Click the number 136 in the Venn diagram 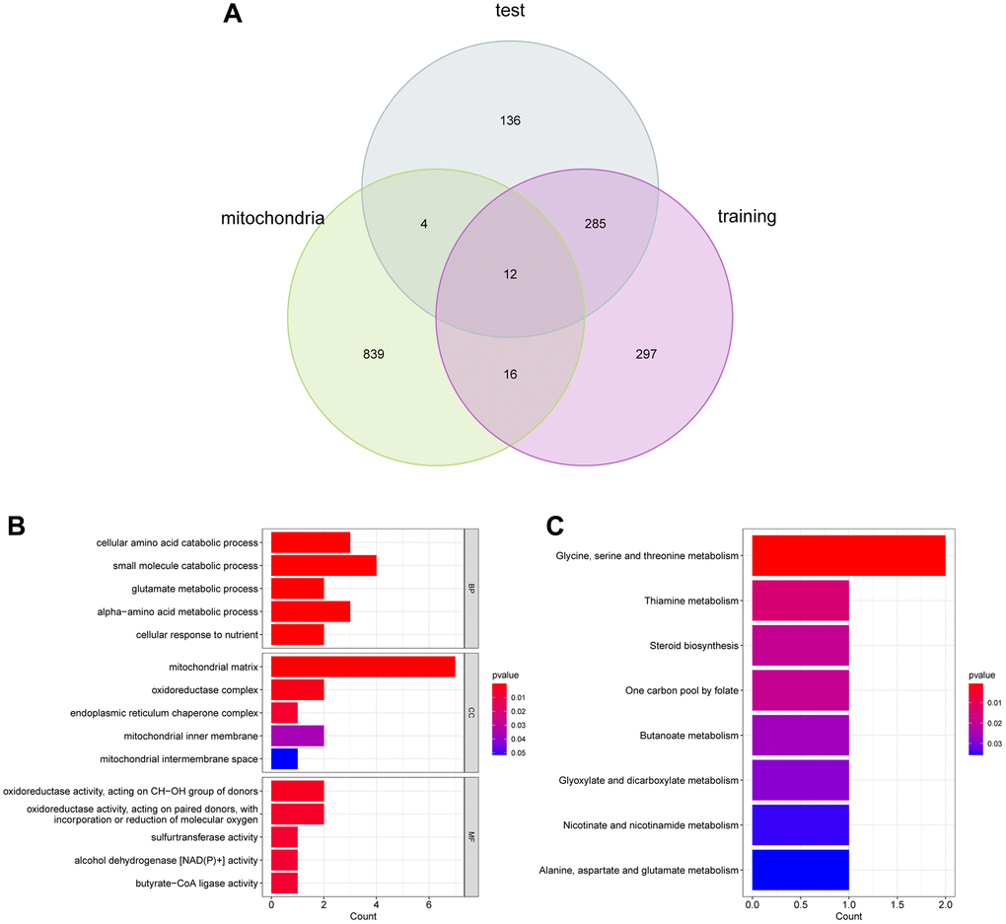(x=510, y=121)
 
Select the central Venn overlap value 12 (x=510, y=274)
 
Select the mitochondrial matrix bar (x=363, y=668)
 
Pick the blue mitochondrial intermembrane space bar (x=284, y=758)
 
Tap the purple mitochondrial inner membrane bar (x=297, y=736)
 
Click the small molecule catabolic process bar (x=323, y=565)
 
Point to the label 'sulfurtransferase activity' (x=196, y=837)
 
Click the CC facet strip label (x=470, y=713)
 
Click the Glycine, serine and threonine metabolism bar (x=848, y=556)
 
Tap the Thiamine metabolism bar (x=800, y=601)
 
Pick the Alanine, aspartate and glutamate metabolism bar (x=800, y=870)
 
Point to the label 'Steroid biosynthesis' (x=689, y=646)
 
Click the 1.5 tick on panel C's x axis (x=897, y=903)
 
